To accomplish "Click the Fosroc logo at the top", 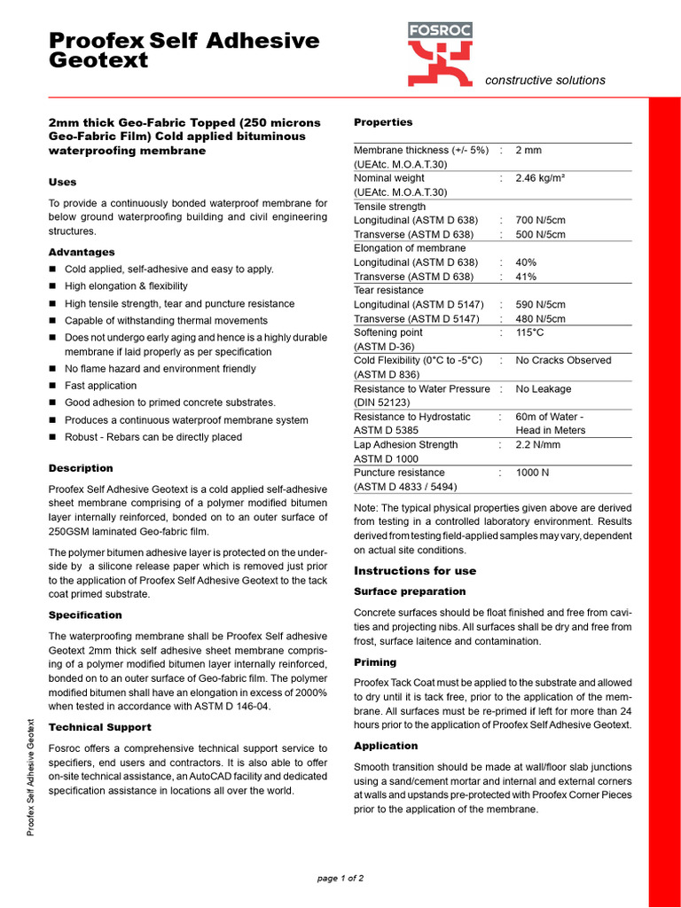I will [x=440, y=54].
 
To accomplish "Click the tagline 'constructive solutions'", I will [x=545, y=80].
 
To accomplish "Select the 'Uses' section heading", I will [x=62, y=182].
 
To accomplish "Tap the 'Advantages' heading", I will [x=82, y=252].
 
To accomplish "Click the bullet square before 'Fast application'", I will [x=52, y=386].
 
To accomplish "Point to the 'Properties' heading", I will [x=383, y=122].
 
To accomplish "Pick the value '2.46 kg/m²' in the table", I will [x=541, y=178].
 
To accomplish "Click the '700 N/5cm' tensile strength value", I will [x=541, y=220].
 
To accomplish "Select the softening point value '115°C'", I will [x=529, y=333].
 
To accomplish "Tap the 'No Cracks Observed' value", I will [x=563, y=360].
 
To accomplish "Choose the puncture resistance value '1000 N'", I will [x=532, y=473].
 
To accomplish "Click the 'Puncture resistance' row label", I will [x=399, y=473].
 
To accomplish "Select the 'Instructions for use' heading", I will [x=415, y=571].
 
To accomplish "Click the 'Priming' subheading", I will [x=375, y=662].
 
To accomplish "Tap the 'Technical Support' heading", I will [x=99, y=727].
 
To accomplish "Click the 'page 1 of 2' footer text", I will [x=340, y=879].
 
